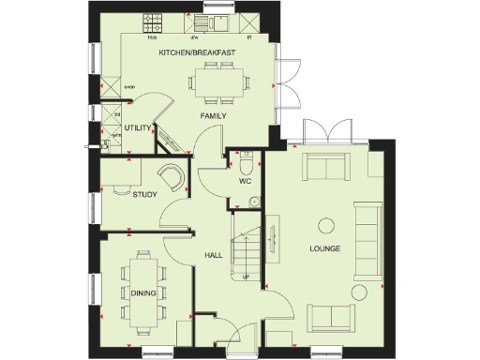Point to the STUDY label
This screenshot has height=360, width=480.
[x=144, y=195]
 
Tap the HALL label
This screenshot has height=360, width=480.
[x=213, y=254]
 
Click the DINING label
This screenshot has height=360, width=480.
[x=143, y=293]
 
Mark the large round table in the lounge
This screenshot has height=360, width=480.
[x=325, y=225]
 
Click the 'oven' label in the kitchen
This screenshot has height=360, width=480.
[x=130, y=91]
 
